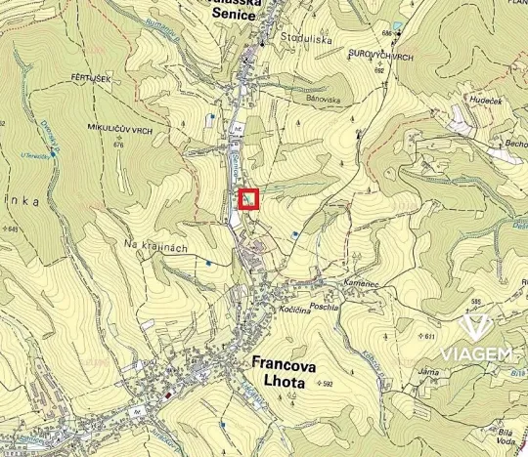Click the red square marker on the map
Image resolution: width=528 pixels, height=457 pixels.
point(249,199)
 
